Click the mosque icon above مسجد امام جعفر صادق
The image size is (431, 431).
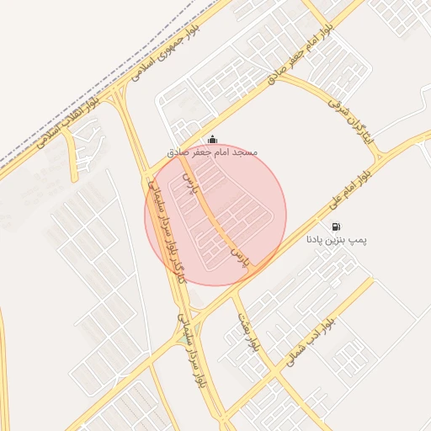tap(211, 139)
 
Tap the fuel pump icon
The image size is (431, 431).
tap(337, 226)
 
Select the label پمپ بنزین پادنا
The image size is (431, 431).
tap(337, 240)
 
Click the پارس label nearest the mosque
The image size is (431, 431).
tap(189, 182)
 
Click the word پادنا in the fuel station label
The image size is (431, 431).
tap(315, 240)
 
